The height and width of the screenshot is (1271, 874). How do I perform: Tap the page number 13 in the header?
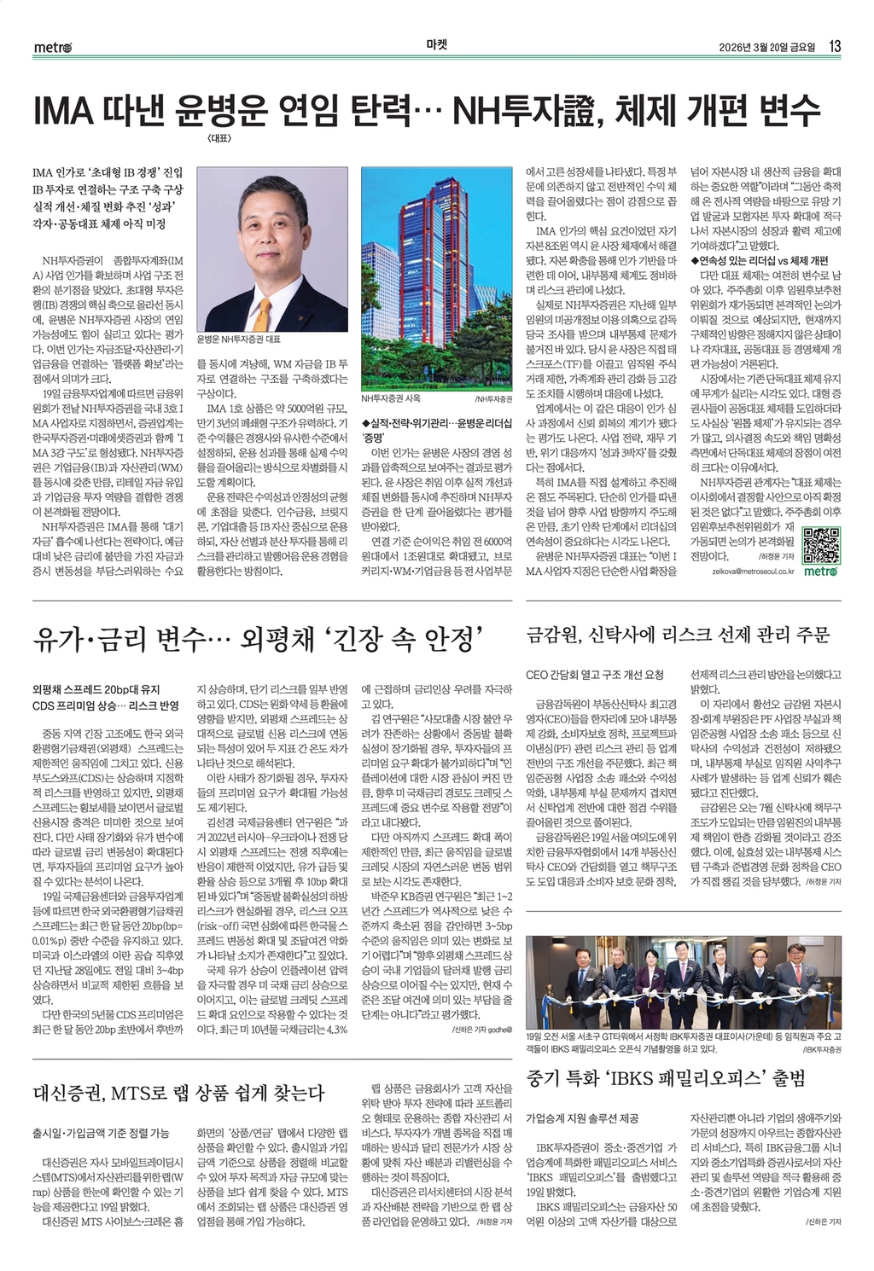(x=835, y=46)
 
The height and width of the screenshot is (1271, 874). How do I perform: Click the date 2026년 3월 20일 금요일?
(x=767, y=47)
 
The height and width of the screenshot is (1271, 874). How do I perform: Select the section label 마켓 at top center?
(x=436, y=45)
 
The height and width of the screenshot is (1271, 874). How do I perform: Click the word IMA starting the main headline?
(x=62, y=111)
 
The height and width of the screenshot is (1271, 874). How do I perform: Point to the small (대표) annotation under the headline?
(x=218, y=137)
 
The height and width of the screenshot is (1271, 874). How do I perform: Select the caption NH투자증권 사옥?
(x=390, y=398)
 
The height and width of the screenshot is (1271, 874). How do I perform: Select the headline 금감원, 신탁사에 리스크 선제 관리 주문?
(x=678, y=634)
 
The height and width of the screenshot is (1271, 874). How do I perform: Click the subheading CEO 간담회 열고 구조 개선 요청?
(x=594, y=675)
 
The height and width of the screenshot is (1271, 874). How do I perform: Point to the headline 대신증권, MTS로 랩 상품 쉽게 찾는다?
(x=178, y=1093)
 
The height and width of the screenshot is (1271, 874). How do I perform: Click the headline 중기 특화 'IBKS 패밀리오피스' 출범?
(x=666, y=1079)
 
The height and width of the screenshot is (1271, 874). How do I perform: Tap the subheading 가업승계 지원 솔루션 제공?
(x=582, y=1117)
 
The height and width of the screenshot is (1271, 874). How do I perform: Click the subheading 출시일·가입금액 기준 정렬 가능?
(x=101, y=1133)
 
